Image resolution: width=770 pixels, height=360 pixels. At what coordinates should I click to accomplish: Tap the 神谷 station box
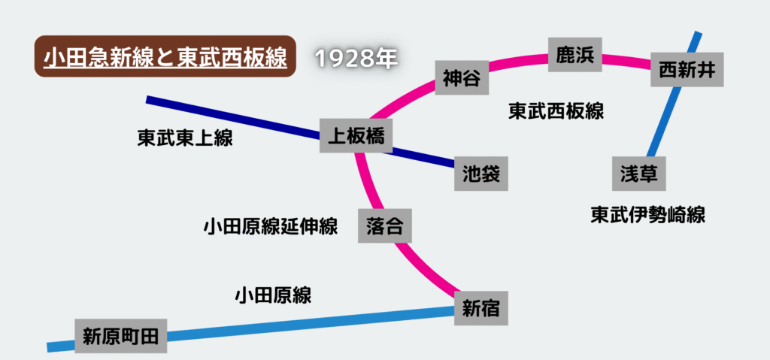[x=462, y=77]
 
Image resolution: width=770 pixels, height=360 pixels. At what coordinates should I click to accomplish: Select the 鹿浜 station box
[x=575, y=54]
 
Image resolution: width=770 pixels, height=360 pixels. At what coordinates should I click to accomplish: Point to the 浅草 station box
[x=639, y=174]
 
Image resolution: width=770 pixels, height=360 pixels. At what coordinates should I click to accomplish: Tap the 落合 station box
[x=385, y=225]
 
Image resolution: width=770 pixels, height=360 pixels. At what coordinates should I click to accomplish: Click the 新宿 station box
[x=481, y=307]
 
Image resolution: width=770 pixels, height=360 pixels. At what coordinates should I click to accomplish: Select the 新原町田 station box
[x=121, y=335]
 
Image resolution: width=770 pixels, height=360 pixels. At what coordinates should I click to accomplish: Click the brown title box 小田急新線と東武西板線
[x=165, y=58]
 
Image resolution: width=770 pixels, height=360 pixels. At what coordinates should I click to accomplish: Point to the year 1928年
[x=355, y=59]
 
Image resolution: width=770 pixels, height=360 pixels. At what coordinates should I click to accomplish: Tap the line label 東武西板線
[x=556, y=111]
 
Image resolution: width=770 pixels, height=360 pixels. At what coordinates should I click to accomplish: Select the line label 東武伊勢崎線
[x=647, y=215]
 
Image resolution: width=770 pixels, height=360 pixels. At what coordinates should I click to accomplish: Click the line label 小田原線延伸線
[x=270, y=226]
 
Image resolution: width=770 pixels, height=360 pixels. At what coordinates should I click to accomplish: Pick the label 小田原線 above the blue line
[x=273, y=295]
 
